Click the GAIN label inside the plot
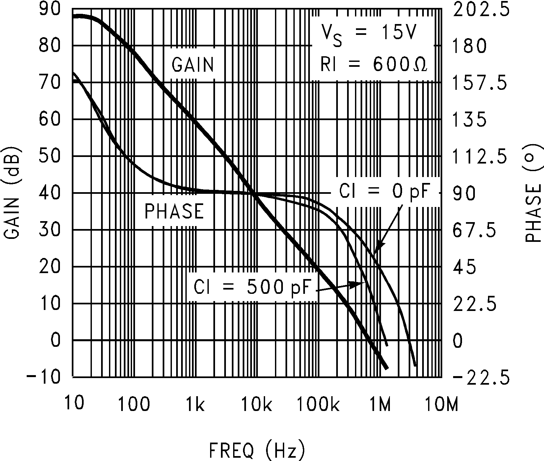(x=193, y=64)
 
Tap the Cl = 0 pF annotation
(x=384, y=192)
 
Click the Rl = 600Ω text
(x=374, y=64)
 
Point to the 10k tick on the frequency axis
(x=257, y=404)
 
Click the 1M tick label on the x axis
(x=380, y=404)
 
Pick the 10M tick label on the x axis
(x=441, y=404)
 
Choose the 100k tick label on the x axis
(x=318, y=404)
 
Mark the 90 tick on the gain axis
(x=49, y=10)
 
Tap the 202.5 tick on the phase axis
(x=481, y=10)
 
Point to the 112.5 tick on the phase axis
(x=481, y=157)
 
